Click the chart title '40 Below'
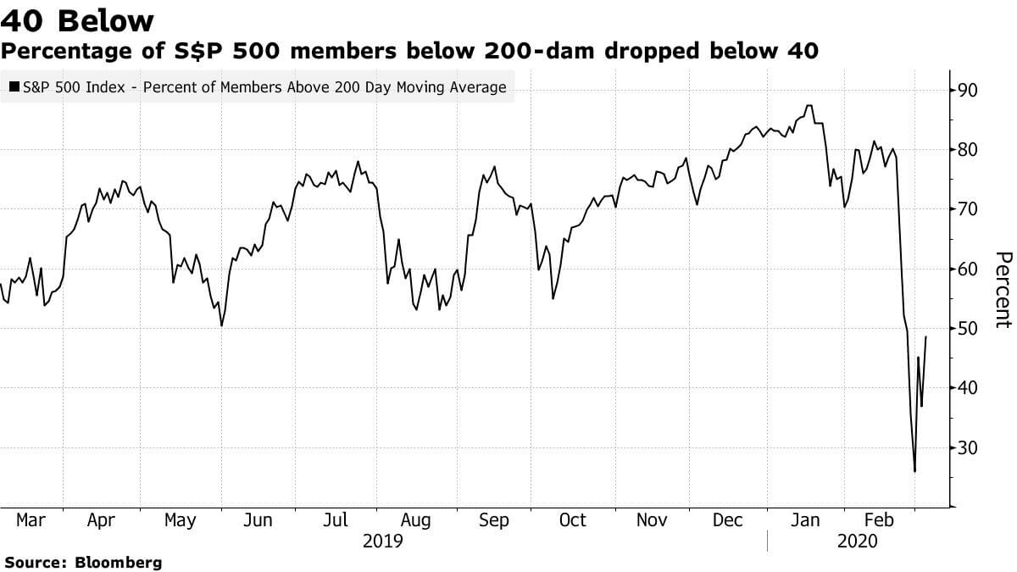78,20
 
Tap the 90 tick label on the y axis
968,91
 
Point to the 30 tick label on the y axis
968,448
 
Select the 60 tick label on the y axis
968,269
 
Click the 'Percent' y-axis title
1003,289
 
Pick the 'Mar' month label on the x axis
31,520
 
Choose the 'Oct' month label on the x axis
572,520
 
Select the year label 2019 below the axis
382,541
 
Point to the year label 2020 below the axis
857,541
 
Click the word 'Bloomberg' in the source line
119,562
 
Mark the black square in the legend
14,86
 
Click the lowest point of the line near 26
914,471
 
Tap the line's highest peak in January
809,106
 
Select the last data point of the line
925,336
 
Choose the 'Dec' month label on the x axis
728,520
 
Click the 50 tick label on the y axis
968,329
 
